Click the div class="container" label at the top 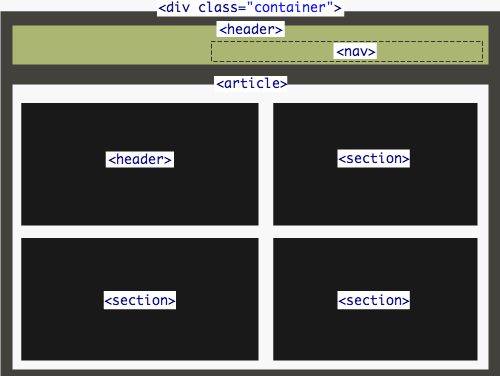pos(250,8)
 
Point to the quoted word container pos(289,8)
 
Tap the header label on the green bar pos(250,29)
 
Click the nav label pos(355,51)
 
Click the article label pos(251,84)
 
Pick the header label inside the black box pos(140,159)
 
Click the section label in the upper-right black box pos(374,158)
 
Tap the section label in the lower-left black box pos(140,300)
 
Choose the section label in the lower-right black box pos(374,300)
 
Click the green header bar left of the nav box pos(110,46)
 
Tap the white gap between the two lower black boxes pos(265,300)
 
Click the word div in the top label pos(178,8)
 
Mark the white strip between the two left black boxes pos(140,231)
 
